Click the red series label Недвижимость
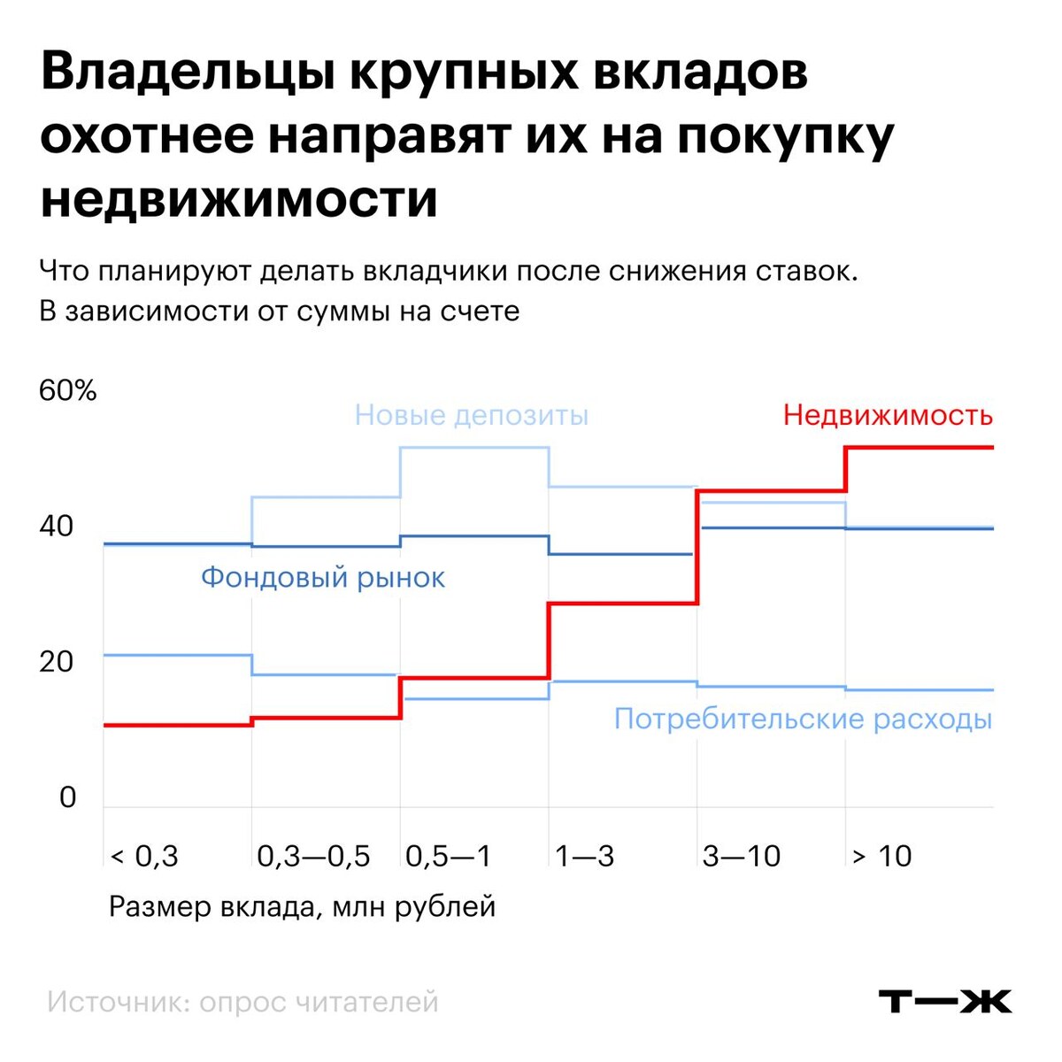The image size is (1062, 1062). [888, 415]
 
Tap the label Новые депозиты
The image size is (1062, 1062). [471, 415]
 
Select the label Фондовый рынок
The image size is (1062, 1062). [323, 578]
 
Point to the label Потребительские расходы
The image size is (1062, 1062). [803, 718]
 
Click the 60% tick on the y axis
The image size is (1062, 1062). [68, 390]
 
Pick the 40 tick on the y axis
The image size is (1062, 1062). [57, 526]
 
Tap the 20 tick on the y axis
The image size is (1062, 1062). [57, 661]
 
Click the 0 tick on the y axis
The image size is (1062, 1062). [68, 797]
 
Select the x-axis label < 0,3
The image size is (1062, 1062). [144, 856]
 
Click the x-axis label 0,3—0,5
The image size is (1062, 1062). [313, 856]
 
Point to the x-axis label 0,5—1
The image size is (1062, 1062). [448, 856]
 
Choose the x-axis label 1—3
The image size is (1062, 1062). [584, 856]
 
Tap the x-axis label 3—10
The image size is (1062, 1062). [742, 856]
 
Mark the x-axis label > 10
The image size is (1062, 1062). [881, 856]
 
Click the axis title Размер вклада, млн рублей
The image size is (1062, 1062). [302, 907]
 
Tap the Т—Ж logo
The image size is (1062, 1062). [944, 1002]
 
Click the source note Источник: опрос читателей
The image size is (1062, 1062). [242, 1002]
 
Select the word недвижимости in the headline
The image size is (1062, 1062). [239, 199]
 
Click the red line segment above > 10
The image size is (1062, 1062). [920, 448]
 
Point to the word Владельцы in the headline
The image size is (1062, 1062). [186, 73]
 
